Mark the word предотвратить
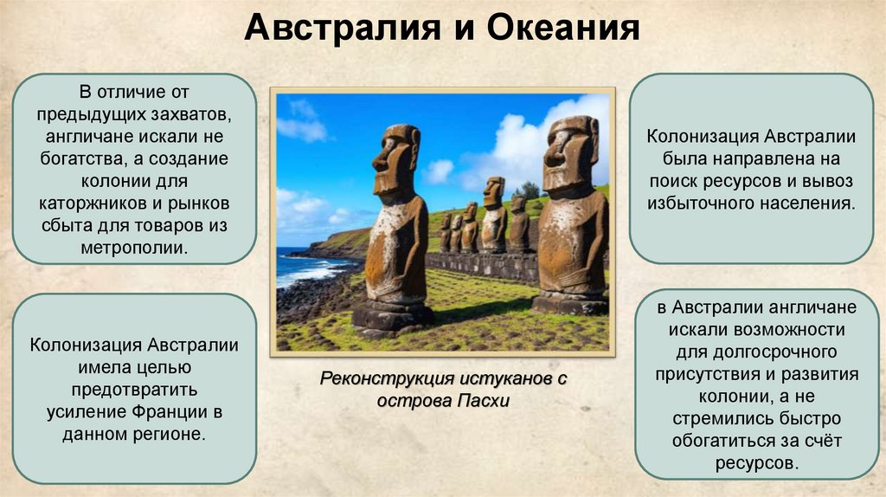tap(133, 388)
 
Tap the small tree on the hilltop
tap(529, 189)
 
